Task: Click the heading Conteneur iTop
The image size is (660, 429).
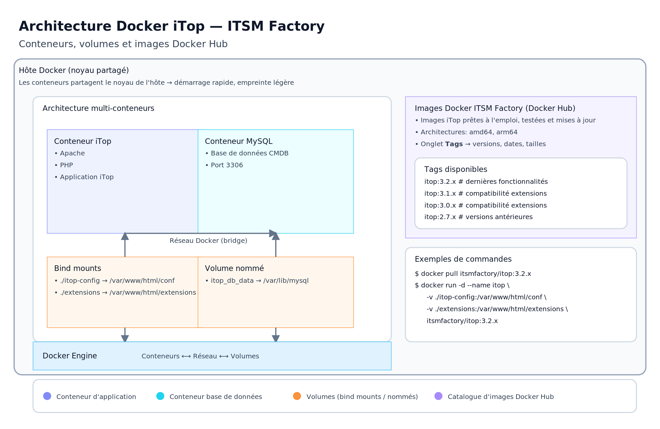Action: point(82,141)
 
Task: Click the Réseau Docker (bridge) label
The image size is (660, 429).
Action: point(208,241)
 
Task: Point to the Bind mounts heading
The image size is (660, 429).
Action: point(78,268)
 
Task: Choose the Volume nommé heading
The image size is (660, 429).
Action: point(234,268)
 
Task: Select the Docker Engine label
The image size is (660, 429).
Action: point(70,356)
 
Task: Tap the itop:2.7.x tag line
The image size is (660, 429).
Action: point(478,217)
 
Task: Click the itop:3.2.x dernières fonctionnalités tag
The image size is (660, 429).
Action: point(486,181)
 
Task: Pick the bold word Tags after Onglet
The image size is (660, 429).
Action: point(454,144)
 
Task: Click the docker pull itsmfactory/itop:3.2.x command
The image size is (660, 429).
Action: point(473,274)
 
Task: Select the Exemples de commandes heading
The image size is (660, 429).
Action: point(463,259)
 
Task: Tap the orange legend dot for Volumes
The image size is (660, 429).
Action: point(297,396)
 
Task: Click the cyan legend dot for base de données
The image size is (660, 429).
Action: point(160,396)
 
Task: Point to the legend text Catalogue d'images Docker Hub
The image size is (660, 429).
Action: point(500,397)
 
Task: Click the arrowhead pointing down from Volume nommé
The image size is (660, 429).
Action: point(276,338)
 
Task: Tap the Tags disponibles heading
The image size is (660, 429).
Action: point(455,169)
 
